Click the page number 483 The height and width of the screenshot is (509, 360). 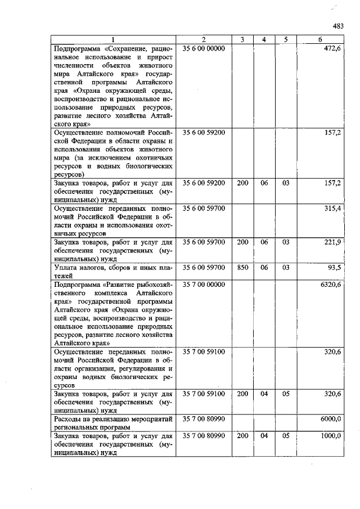pyautogui.click(x=337, y=26)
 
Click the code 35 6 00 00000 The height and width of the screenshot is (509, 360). pyautogui.click(x=204, y=49)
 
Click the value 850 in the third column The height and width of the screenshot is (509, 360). pyautogui.click(x=242, y=268)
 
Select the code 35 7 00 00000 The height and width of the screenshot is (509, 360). pyautogui.click(x=204, y=285)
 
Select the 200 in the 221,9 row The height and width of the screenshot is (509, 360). pyautogui.click(x=242, y=241)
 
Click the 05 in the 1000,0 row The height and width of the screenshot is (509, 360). pyautogui.click(x=286, y=436)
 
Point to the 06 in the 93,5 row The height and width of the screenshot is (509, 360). pyautogui.click(x=264, y=268)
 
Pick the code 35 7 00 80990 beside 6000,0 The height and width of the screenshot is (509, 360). pyautogui.click(x=204, y=419)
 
